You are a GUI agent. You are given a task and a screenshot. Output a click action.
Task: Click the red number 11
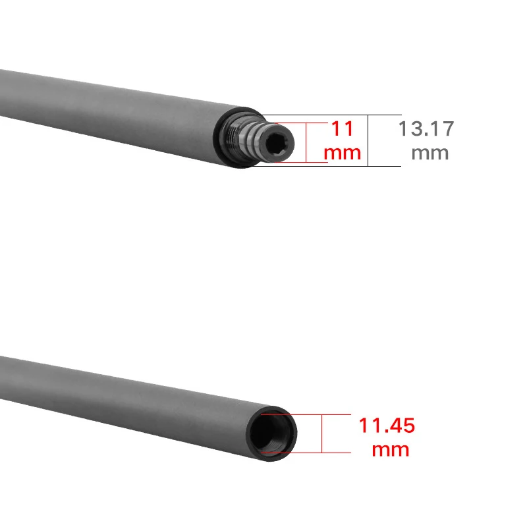pos(343,128)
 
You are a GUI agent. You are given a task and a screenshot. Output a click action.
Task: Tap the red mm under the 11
pos(343,153)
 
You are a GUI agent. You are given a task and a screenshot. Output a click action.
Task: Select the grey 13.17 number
pos(426,128)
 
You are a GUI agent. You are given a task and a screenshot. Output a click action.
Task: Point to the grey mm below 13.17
pos(430,153)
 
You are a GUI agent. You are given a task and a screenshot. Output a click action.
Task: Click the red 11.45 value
pos(387,426)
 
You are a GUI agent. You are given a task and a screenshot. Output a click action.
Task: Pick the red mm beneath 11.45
pos(391,450)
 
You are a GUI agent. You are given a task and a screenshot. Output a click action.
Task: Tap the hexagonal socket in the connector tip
pos(276,144)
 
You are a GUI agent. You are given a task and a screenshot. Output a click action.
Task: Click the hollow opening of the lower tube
pos(271,433)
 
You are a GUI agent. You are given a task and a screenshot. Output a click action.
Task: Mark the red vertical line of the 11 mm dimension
pos(306,142)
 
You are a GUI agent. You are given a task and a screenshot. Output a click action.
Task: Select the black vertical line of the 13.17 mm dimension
pos(368,140)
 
